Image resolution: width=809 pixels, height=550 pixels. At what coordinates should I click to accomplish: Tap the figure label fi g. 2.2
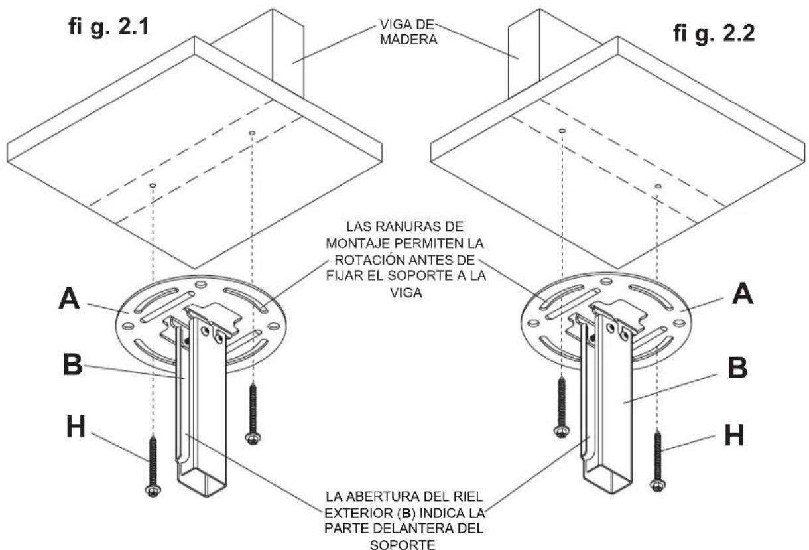(715, 34)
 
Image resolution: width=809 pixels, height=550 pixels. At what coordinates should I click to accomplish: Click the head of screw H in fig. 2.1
(153, 490)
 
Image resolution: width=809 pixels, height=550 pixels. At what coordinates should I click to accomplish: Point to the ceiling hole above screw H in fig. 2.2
(657, 186)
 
